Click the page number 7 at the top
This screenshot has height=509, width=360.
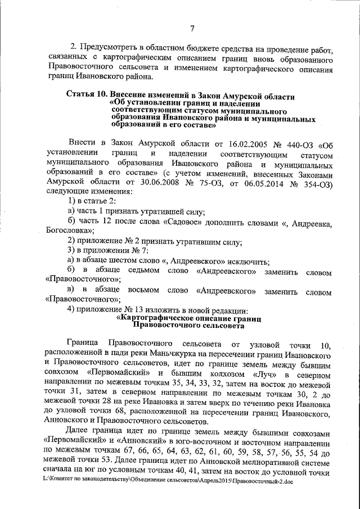pos(192,29)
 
